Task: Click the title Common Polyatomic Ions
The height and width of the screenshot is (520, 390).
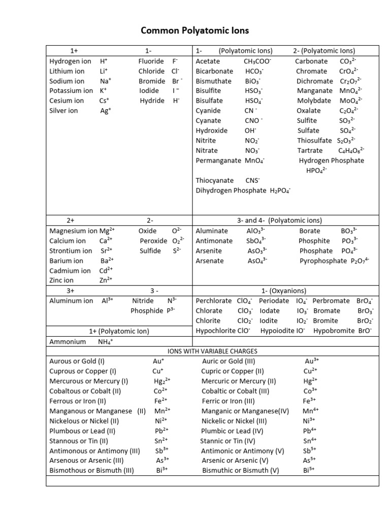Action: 195,31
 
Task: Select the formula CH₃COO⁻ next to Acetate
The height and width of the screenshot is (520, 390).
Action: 257,61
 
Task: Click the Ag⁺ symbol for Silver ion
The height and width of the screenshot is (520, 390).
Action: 106,111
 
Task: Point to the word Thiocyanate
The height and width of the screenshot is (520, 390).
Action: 215,180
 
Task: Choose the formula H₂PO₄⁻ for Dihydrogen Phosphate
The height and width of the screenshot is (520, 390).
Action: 280,190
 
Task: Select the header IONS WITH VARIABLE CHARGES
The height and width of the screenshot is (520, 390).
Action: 212,351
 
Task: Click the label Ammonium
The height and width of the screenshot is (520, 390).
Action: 68,342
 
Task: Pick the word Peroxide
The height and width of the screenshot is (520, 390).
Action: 153,241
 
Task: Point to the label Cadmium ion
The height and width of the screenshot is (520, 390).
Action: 70,271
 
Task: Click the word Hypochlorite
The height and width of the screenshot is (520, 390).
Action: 215,331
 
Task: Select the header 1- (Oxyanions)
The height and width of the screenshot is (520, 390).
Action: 284,291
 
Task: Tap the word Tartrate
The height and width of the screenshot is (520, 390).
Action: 310,150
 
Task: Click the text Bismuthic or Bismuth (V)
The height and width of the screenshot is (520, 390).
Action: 241,470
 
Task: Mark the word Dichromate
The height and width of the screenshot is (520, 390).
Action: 315,81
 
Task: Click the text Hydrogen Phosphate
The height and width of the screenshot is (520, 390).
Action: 332,160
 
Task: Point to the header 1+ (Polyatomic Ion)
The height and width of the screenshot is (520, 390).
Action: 119,331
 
